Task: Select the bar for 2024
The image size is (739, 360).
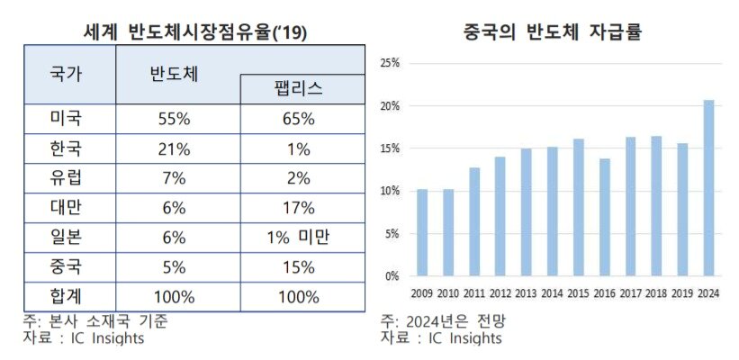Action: click(708, 188)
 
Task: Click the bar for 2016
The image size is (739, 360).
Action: click(604, 218)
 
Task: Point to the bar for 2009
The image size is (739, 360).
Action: click(421, 232)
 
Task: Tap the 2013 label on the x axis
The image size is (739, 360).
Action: click(526, 292)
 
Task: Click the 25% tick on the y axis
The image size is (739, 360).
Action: click(390, 64)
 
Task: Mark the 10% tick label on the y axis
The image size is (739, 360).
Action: click(390, 192)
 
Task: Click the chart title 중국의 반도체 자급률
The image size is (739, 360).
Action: click(551, 33)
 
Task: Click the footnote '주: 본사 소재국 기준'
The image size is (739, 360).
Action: click(95, 320)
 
